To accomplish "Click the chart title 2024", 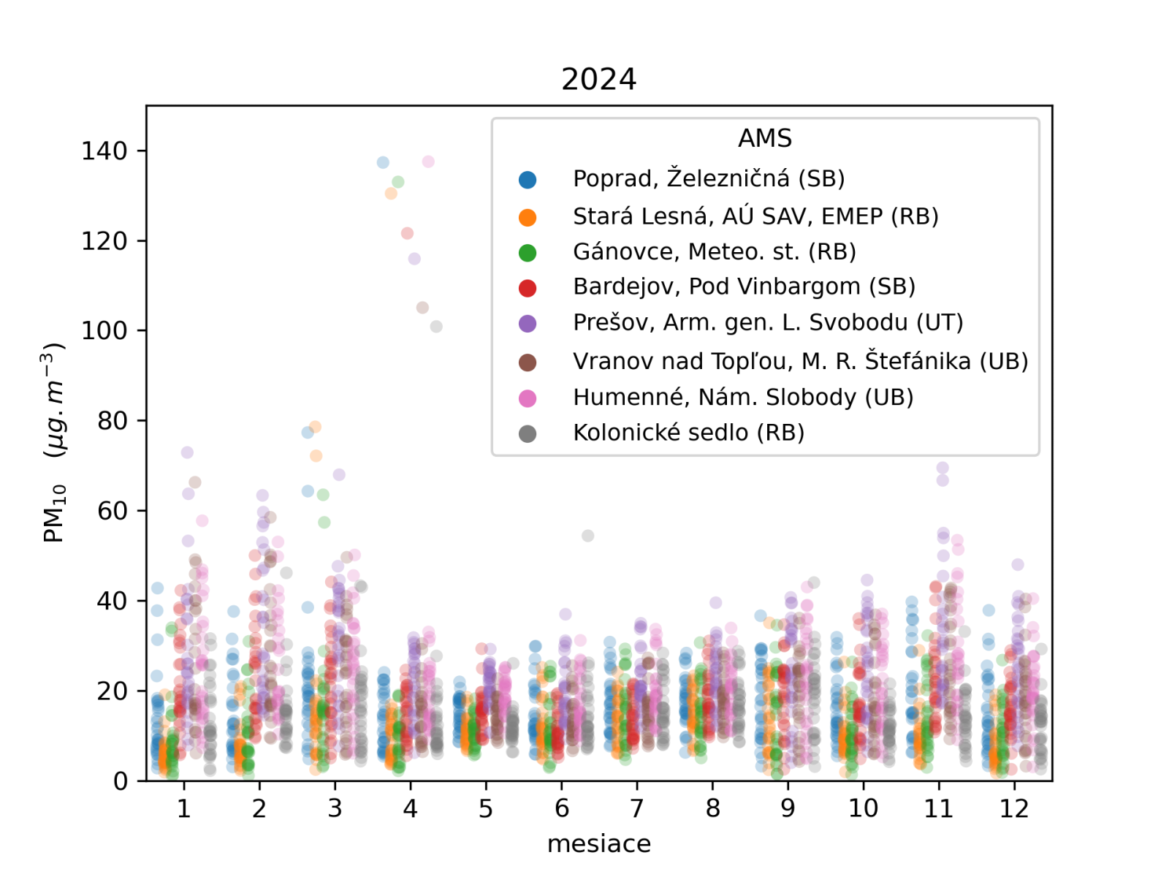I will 598,79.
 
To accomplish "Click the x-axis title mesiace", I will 598,843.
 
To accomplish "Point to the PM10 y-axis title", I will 55,443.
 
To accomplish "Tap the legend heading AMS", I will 764,138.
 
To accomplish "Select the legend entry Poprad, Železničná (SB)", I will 708,179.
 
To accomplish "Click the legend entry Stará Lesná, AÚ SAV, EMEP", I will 755,216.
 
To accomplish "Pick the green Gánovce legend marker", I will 528,253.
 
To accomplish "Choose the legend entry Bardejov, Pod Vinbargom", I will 744,286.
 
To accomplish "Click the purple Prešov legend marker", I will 528,324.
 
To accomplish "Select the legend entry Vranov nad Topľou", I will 800,361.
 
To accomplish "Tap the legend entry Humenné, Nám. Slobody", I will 743,397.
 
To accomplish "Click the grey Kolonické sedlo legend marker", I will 528,434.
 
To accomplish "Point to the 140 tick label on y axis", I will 104,151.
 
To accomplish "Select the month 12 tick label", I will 1013,808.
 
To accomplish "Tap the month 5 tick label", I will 486,808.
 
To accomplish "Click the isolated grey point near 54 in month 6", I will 588,536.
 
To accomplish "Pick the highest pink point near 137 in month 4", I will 428,162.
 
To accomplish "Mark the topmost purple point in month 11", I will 943,468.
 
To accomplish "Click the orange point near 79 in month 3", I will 315,427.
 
